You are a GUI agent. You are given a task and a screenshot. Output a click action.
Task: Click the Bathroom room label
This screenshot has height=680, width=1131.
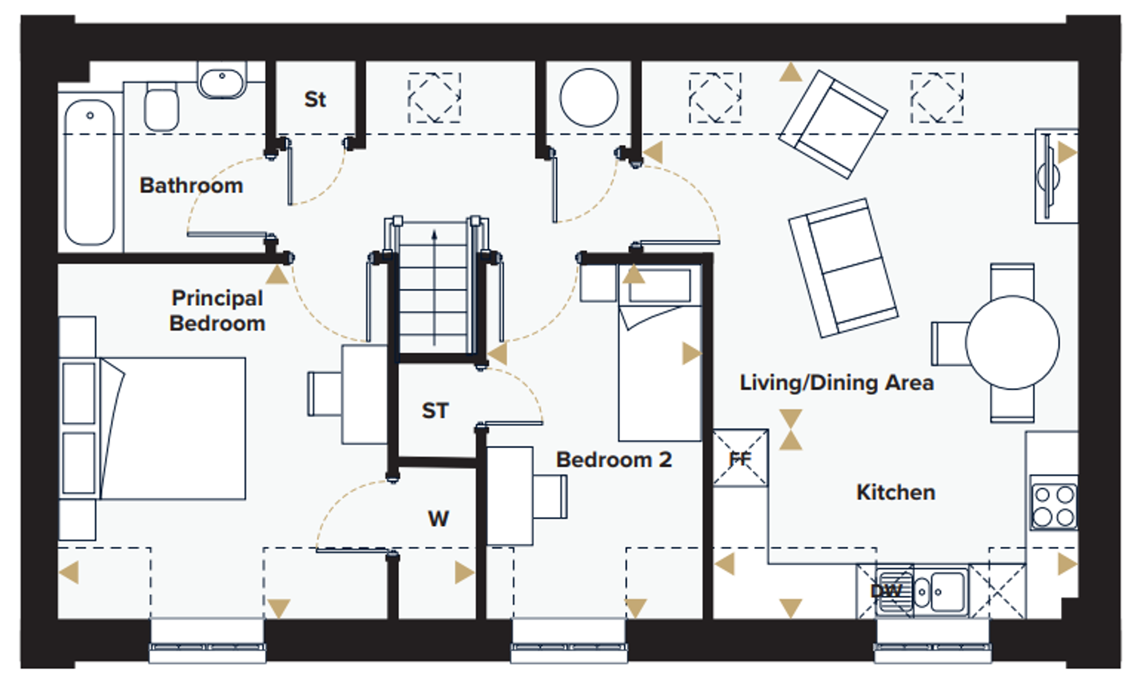coord(191,185)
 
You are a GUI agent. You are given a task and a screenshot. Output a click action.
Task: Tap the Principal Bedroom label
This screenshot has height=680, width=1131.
coord(217,310)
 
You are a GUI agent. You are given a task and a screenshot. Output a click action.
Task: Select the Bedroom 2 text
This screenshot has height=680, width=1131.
coord(614,460)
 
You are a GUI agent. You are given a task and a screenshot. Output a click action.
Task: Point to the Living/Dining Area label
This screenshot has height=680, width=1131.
coord(836,383)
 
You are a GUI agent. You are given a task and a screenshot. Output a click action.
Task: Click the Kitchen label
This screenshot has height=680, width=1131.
coord(896,492)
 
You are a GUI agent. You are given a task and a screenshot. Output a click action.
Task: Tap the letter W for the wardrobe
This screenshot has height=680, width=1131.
coord(438,518)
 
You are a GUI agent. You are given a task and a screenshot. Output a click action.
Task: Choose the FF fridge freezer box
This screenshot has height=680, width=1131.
coord(740,458)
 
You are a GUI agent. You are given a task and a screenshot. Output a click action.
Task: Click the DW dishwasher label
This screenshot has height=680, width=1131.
coord(886,591)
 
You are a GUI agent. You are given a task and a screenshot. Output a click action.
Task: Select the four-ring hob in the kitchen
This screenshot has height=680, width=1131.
coord(1054,505)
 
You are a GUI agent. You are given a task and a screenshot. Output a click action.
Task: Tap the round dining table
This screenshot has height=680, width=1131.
coord(1012,343)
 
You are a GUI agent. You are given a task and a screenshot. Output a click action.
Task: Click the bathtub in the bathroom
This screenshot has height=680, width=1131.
coord(90,172)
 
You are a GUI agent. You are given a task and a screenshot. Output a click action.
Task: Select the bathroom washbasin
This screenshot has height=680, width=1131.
coord(222,81)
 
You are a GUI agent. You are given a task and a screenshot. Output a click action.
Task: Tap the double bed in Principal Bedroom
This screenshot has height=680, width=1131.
coord(172,428)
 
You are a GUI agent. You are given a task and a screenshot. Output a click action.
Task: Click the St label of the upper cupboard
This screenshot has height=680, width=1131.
coord(315,99)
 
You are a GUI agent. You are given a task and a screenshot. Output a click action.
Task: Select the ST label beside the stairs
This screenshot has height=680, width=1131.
coord(435,410)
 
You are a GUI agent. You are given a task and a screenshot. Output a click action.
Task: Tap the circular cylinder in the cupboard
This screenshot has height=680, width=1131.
coord(589,97)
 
